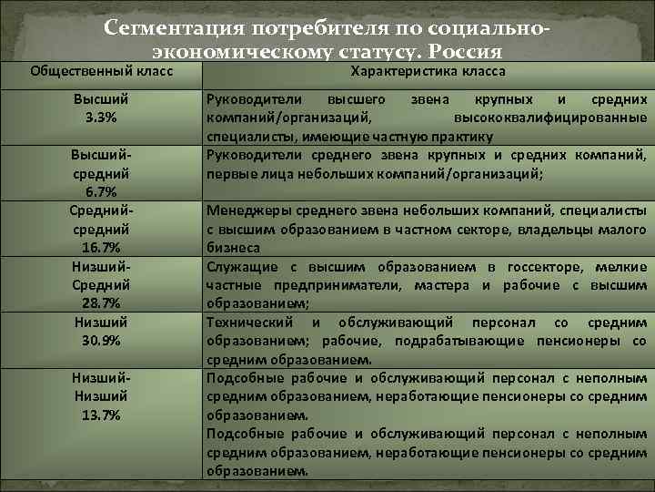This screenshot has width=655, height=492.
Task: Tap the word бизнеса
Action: tap(234, 248)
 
